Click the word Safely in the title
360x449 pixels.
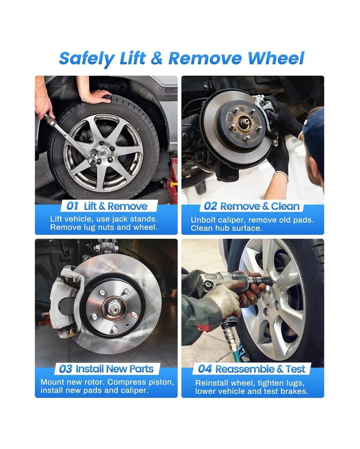87,59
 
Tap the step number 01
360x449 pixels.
72,206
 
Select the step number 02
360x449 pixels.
210,206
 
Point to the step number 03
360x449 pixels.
65,369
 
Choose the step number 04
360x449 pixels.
204,369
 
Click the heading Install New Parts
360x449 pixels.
114,369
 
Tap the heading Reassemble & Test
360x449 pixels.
260,369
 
